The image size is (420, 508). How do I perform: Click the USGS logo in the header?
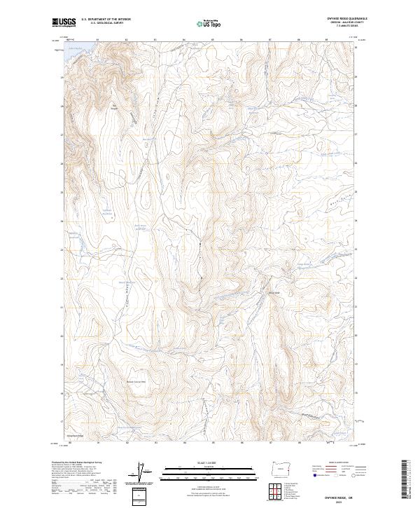click(x=64, y=22)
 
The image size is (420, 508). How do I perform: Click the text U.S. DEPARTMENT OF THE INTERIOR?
click(x=106, y=20)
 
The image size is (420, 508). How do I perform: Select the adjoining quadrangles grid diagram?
click(x=273, y=490)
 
